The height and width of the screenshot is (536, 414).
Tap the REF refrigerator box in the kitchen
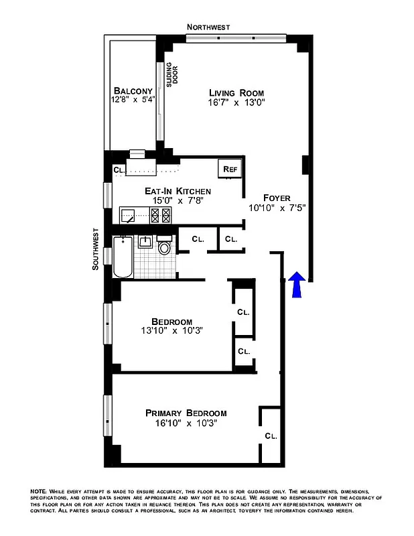(x=230, y=170)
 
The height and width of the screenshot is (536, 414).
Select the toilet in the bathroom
(x=164, y=248)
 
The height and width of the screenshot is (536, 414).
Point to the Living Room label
(x=236, y=92)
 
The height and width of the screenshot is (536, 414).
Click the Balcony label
(x=133, y=90)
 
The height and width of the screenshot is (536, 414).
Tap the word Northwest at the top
(x=208, y=27)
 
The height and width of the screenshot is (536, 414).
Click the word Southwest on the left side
(x=95, y=248)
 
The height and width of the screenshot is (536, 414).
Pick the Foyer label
(x=277, y=197)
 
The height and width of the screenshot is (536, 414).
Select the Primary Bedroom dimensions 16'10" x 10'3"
(x=186, y=423)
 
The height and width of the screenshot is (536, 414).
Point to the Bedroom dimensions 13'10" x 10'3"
(x=171, y=330)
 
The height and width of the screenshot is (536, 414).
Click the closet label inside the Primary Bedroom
(x=271, y=435)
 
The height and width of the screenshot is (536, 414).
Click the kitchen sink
(x=129, y=215)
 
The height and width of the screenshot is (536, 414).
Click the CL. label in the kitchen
(x=118, y=170)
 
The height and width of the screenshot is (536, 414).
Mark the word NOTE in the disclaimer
(x=38, y=492)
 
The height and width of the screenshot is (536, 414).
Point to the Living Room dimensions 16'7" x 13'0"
(x=236, y=103)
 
